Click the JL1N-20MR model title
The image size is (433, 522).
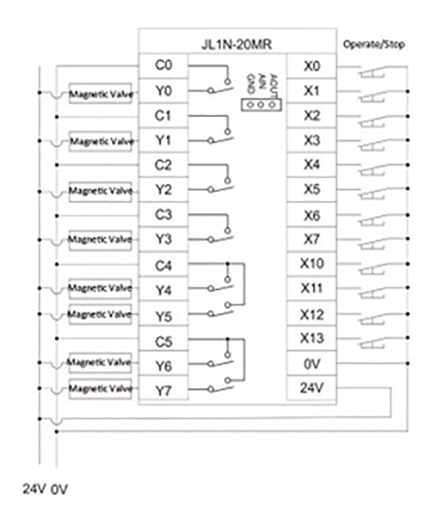[x=237, y=45]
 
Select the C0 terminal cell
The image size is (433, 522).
[x=163, y=66]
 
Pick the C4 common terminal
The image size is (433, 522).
[x=163, y=266]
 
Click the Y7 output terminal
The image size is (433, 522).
[x=163, y=391]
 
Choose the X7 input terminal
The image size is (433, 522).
[x=312, y=239]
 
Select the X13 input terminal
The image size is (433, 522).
[x=312, y=339]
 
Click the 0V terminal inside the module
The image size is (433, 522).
[x=312, y=364]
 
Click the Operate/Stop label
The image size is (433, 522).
[x=374, y=45]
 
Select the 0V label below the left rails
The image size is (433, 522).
[x=59, y=490]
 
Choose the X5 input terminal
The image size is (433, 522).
[x=312, y=190]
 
